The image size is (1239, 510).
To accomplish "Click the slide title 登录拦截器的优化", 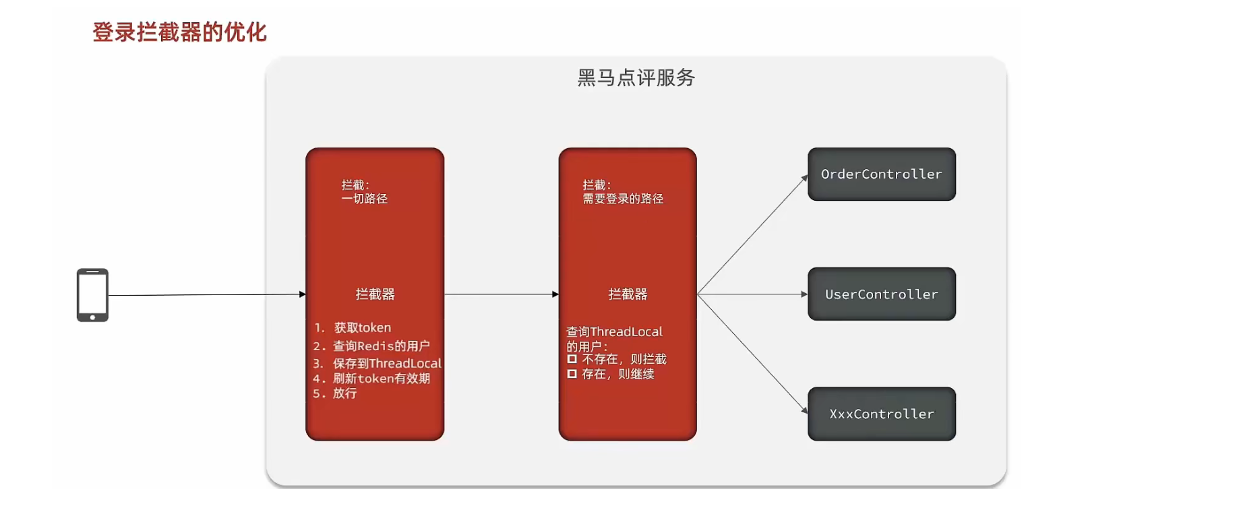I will click(179, 32).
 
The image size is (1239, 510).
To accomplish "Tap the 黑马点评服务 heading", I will click(636, 77).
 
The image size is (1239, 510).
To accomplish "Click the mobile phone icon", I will click(92, 295).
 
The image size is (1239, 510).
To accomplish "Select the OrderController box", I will click(881, 174).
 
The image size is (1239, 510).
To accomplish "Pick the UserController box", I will click(881, 294).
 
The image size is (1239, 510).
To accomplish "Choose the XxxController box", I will click(881, 414).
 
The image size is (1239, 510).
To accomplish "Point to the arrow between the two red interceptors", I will click(501, 294).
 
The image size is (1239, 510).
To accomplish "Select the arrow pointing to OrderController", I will click(752, 235).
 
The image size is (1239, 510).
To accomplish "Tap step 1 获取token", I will click(362, 327).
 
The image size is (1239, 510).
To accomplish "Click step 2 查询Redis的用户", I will click(381, 346).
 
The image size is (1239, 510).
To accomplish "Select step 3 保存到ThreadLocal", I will click(386, 363).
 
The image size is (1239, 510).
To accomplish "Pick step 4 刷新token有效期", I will click(381, 379).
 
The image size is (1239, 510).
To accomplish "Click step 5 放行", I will click(344, 393).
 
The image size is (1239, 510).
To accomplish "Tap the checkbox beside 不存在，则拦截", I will click(572, 359).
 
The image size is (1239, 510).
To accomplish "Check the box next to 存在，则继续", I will click(572, 374).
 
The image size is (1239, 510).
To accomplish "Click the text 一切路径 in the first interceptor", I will click(365, 199).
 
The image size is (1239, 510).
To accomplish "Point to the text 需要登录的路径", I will click(623, 199).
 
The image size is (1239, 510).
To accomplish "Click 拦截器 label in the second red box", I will click(628, 294).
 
